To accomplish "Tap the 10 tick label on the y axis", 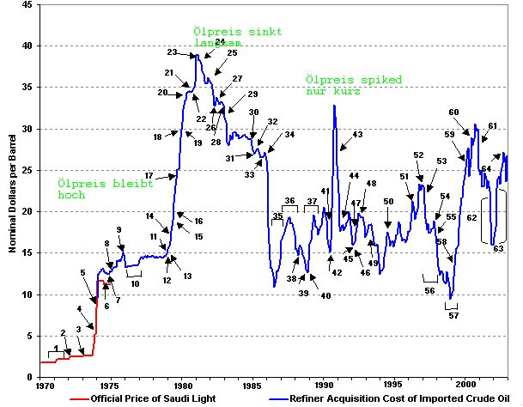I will pyautogui.click(x=29, y=294).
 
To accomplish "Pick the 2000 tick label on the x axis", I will pyautogui.click(x=465, y=384).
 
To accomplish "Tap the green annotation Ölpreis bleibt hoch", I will pyautogui.click(x=93, y=189).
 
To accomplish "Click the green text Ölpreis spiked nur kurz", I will pyautogui.click(x=353, y=85).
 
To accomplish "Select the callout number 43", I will pyautogui.click(x=357, y=135).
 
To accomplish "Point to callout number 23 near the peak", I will pyautogui.click(x=172, y=52).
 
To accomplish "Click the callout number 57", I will pyautogui.click(x=453, y=315).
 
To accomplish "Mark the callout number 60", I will pyautogui.click(x=453, y=112).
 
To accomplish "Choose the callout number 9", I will pyautogui.click(x=119, y=229).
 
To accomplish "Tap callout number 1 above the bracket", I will pyautogui.click(x=56, y=348).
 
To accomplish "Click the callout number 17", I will pyautogui.click(x=149, y=175).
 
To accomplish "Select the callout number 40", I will pyautogui.click(x=325, y=295).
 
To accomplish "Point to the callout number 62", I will pyautogui.click(x=471, y=218).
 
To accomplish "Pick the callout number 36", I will pyautogui.click(x=289, y=201).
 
